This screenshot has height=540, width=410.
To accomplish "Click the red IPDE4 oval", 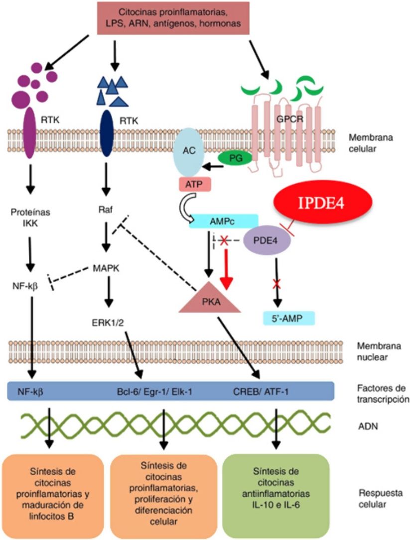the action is click(x=323, y=202).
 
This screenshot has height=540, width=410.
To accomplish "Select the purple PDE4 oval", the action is click(x=267, y=240).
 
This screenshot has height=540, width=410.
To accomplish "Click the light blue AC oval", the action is click(x=189, y=152).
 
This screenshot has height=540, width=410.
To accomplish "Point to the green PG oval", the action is click(x=235, y=158).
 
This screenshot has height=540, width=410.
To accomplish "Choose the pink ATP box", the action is click(x=194, y=185).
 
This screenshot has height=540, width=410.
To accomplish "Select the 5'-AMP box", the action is click(x=288, y=318).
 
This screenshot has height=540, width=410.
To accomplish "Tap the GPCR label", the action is click(x=289, y=119).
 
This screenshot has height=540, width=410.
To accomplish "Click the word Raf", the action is click(x=105, y=210).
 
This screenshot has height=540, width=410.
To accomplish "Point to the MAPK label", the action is click(x=106, y=268).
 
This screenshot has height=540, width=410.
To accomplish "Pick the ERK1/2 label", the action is click(x=108, y=323).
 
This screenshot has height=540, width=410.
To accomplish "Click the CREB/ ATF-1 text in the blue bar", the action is click(x=261, y=392).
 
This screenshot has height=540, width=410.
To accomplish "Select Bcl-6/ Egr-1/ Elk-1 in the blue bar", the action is click(x=154, y=392).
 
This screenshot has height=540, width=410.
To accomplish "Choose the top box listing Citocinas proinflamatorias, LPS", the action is click(x=173, y=18).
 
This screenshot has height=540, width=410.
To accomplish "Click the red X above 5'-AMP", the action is click(x=276, y=284).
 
